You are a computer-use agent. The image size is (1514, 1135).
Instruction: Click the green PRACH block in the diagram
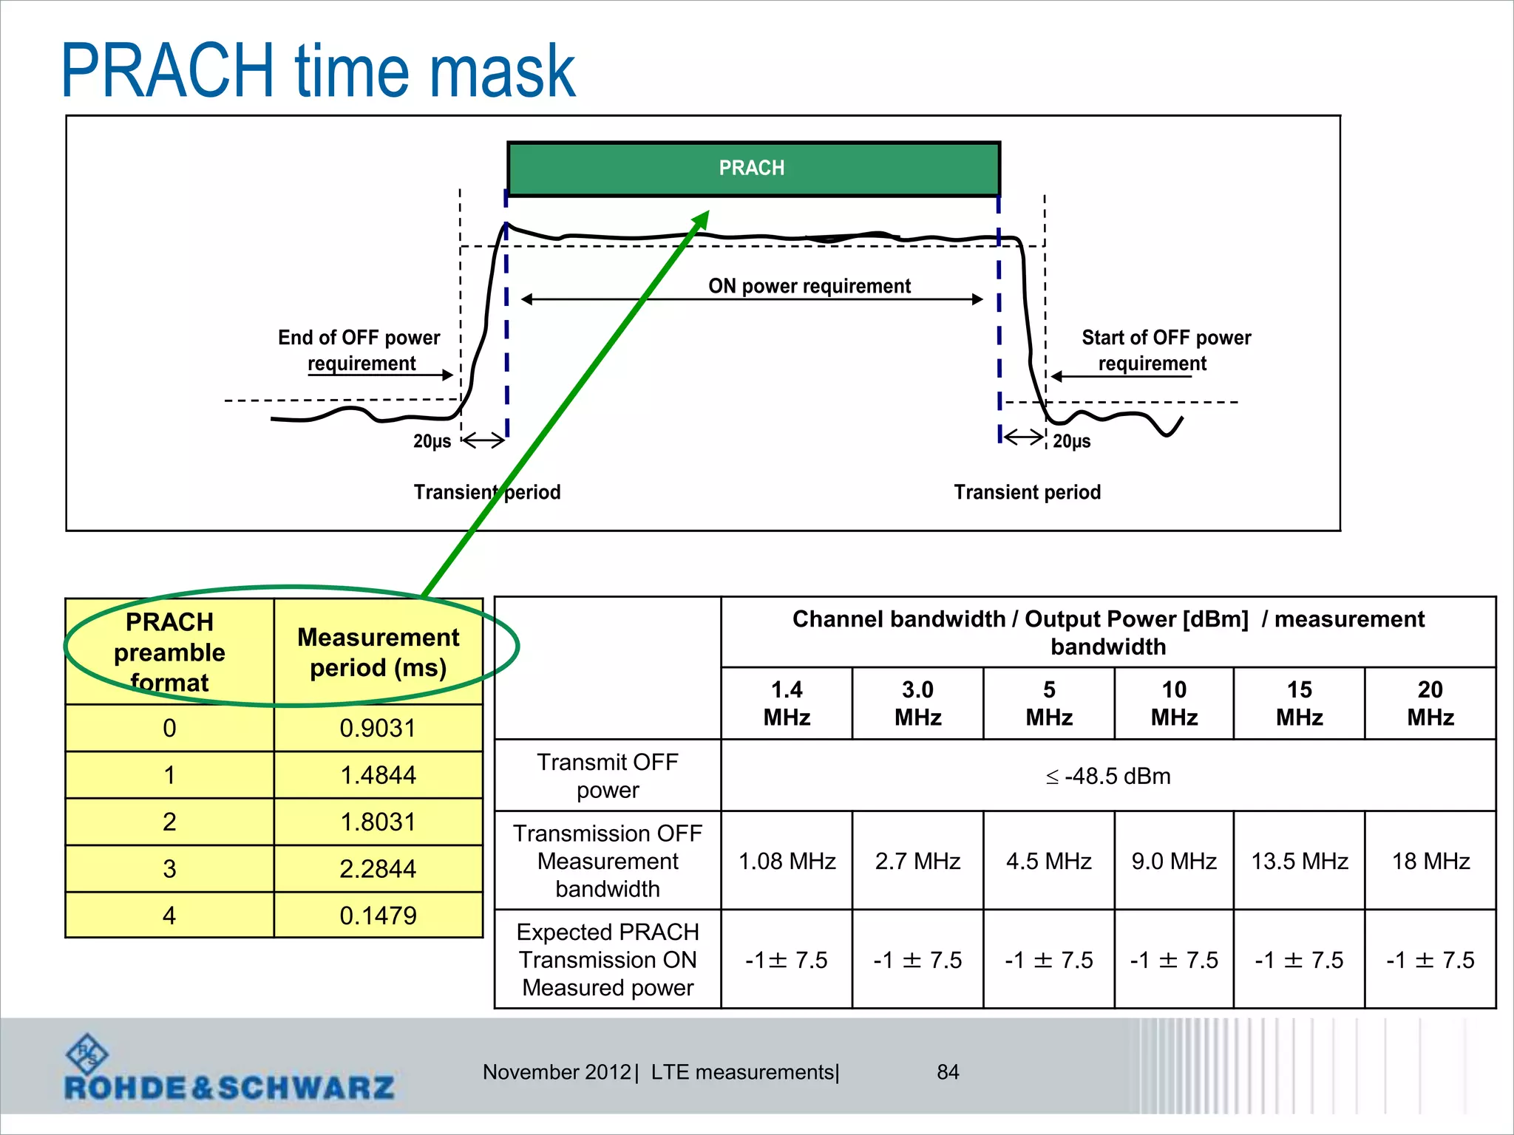(753, 168)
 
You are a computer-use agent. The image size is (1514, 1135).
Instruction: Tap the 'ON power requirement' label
(809, 286)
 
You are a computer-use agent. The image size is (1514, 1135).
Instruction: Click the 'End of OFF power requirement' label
(359, 350)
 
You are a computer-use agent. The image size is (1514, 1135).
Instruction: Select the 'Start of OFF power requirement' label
(1165, 350)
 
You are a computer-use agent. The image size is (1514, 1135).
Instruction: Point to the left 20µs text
(432, 441)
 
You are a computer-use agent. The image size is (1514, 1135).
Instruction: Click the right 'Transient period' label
(1027, 492)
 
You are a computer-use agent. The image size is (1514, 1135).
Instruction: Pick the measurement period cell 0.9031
(378, 728)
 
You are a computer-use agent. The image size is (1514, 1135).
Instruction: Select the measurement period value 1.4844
(378, 775)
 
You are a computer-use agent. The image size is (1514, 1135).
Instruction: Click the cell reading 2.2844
(378, 868)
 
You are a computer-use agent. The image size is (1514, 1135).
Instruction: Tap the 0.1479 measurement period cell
(378, 916)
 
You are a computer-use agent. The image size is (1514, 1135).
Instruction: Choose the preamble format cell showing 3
(169, 868)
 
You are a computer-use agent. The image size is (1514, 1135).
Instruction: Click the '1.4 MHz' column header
(787, 703)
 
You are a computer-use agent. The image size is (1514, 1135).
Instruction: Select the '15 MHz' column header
(1299, 703)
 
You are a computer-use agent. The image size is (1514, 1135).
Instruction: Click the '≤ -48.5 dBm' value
(1108, 776)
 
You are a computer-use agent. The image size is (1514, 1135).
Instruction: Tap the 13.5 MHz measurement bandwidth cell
(1299, 861)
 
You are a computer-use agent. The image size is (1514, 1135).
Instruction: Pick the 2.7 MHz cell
(917, 861)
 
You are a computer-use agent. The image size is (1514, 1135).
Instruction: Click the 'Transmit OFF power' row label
(608, 776)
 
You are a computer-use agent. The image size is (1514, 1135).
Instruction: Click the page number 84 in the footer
(948, 1072)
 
